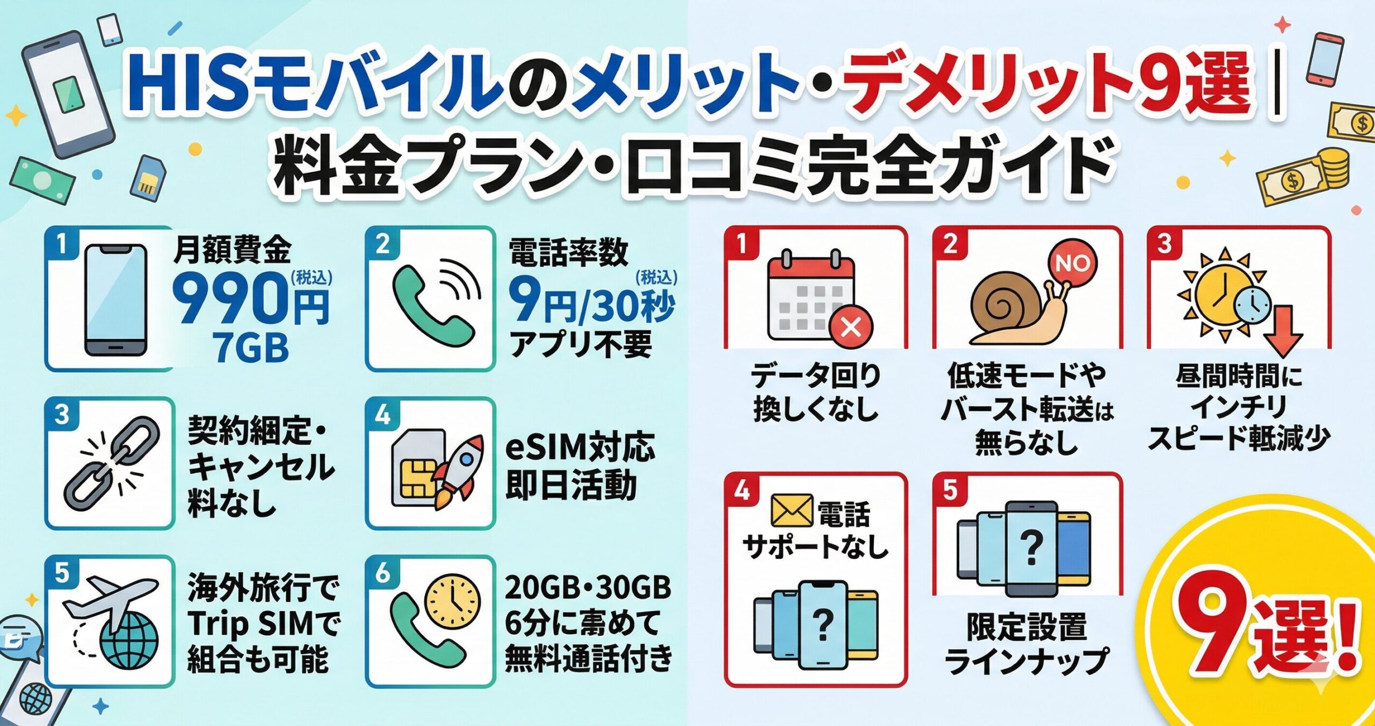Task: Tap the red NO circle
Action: tap(1072, 263)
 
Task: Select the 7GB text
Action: tap(250, 347)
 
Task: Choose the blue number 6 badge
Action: tap(382, 573)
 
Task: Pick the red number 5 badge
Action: tap(950, 490)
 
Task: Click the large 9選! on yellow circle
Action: tap(1268, 636)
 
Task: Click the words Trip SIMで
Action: tap(263, 623)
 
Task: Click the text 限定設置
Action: tap(1026, 627)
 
